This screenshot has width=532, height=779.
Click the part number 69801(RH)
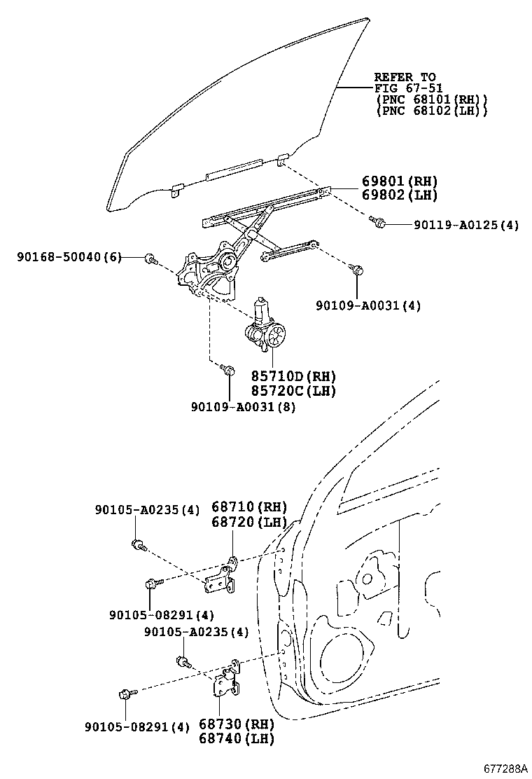399,180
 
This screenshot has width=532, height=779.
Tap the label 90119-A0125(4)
465,225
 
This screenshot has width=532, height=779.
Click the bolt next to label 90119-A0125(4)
379,223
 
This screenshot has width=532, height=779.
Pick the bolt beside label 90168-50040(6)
150,260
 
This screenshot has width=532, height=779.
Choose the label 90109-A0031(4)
367,305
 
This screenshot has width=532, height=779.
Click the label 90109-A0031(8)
242,406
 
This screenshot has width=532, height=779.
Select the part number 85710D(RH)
293,376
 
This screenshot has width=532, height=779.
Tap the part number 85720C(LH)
293,390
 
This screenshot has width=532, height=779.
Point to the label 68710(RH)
250,507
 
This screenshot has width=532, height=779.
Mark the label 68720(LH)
250,522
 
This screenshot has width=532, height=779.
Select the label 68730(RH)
236,724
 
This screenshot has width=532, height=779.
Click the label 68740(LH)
236,738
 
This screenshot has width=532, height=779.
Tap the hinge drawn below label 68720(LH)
223,574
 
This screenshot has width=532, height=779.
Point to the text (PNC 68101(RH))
431,99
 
